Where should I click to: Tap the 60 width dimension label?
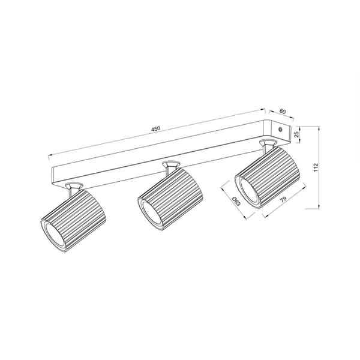click(282, 112)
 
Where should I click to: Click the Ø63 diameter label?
click(236, 202)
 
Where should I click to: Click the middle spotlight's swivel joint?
click(170, 166)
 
